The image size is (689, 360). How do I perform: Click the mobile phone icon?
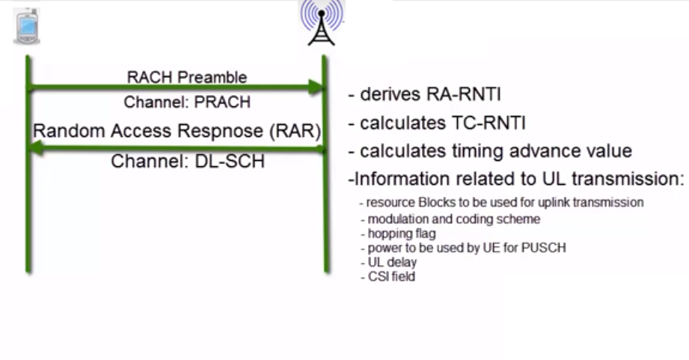coord(27,28)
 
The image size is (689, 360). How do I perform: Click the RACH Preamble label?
coord(187,77)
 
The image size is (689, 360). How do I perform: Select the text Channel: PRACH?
coord(187,102)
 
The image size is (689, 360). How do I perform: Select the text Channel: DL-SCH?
coord(188,160)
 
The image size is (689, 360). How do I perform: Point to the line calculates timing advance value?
coord(490,150)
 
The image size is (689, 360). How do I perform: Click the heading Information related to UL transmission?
coord(516,180)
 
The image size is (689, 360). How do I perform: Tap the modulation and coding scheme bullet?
coord(450,219)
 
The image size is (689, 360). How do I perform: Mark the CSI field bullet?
coord(387,277)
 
